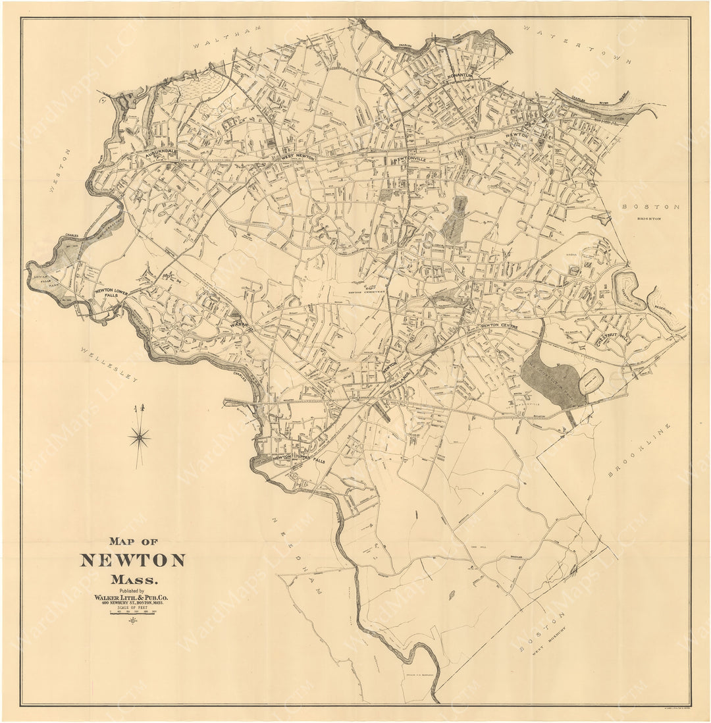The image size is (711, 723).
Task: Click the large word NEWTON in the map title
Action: pos(132,560)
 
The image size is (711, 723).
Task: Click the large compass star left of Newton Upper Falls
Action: pos(139,436)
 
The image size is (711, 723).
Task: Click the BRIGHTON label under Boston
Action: pos(648,218)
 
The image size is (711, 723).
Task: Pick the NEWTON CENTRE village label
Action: pos(498,326)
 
